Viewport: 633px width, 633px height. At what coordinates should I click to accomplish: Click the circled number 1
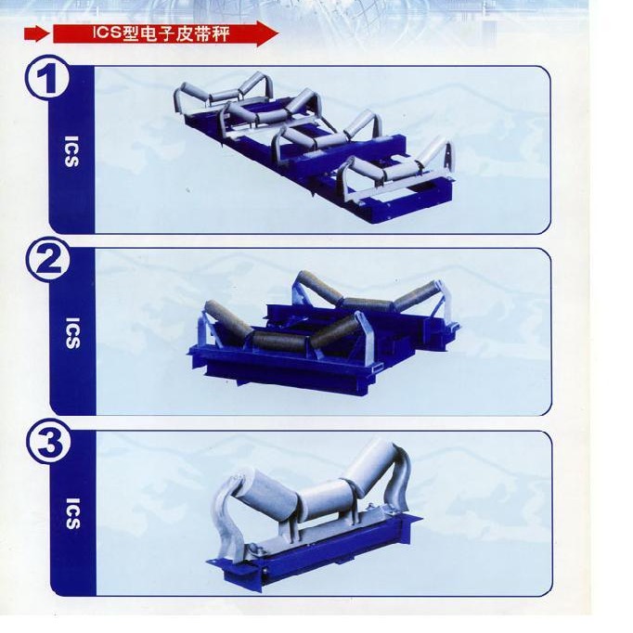(47, 78)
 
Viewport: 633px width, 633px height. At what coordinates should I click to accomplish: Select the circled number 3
(49, 442)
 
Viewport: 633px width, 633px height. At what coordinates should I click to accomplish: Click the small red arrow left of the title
(37, 34)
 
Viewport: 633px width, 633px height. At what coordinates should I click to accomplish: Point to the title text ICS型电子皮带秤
(161, 33)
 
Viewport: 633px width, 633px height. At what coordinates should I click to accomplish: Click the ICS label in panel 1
(71, 151)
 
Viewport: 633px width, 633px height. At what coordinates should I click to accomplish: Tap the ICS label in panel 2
(72, 333)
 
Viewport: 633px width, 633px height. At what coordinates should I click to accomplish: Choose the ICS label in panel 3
(72, 513)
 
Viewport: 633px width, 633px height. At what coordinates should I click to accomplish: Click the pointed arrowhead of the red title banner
(267, 34)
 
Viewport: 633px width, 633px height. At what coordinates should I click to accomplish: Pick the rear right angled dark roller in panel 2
(416, 294)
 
